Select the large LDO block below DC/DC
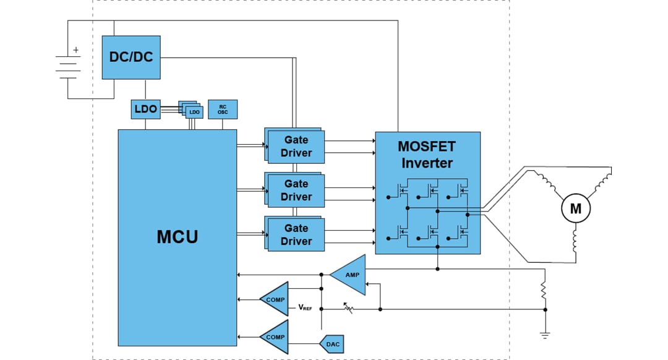(x=145, y=109)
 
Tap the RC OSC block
(x=223, y=109)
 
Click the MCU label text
(x=177, y=236)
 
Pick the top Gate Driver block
(x=296, y=147)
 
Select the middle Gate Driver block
(x=296, y=191)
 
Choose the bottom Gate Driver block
(x=296, y=235)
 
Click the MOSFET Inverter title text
(x=427, y=155)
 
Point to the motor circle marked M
(x=575, y=209)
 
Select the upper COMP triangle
(x=276, y=299)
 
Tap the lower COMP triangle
(x=276, y=337)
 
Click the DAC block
(x=332, y=344)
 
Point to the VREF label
(x=305, y=307)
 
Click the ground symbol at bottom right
(x=545, y=335)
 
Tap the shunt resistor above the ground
(x=545, y=289)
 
